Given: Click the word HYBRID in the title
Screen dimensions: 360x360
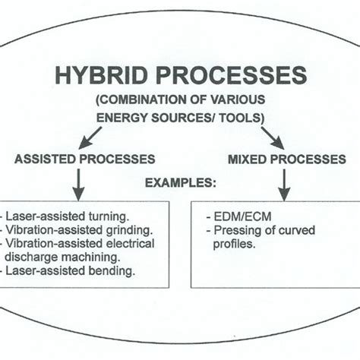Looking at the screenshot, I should [x=93, y=76].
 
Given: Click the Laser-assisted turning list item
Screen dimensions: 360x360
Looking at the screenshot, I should [x=65, y=216].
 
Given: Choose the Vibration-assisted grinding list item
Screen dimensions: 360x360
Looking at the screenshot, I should [x=76, y=230].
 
